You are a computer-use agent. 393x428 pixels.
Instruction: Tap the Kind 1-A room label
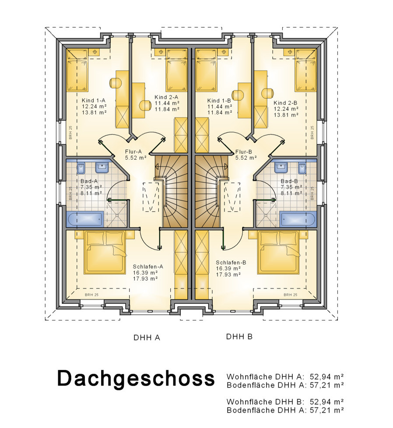[x=93, y=100]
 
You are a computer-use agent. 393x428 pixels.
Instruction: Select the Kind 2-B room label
[x=285, y=103]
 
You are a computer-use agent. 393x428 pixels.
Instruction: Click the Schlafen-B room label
[x=231, y=263]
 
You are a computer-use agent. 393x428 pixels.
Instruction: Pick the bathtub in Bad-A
[x=85, y=219]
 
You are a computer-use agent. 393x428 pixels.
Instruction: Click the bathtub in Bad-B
[x=298, y=219]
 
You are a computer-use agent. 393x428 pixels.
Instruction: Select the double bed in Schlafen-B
[x=279, y=253]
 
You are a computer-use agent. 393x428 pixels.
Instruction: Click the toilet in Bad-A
[x=81, y=168]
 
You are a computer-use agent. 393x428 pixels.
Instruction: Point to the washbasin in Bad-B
[x=281, y=168]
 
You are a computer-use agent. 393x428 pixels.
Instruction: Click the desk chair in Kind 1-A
[x=115, y=83]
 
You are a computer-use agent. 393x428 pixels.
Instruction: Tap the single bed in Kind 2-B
[x=305, y=70]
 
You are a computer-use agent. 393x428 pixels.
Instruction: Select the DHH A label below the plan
[x=147, y=338]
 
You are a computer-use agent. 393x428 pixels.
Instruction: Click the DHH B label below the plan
[x=239, y=336]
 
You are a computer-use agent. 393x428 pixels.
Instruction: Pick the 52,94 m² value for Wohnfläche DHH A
[x=326, y=377]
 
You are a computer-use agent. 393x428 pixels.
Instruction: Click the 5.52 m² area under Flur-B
[x=246, y=157]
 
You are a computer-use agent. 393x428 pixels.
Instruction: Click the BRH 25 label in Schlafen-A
[x=91, y=295]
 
